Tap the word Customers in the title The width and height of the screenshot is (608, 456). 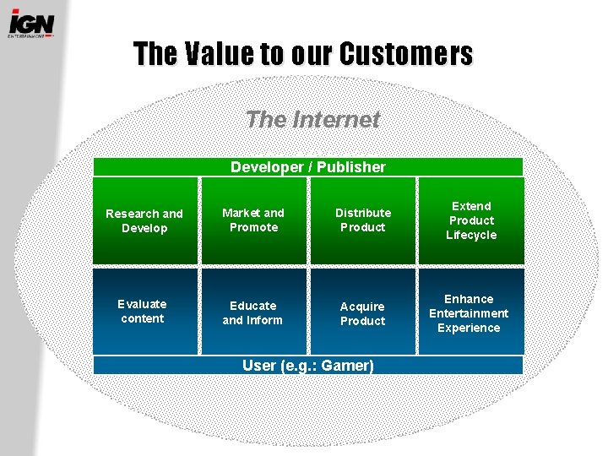pyautogui.click(x=406, y=54)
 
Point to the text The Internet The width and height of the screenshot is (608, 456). pyautogui.click(x=312, y=120)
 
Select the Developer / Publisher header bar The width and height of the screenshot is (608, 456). pyautogui.click(x=308, y=167)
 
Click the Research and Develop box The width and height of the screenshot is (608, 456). pyautogui.click(x=144, y=221)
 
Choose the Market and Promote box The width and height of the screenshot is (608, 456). pyautogui.click(x=253, y=220)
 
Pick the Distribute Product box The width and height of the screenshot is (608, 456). pyautogui.click(x=363, y=220)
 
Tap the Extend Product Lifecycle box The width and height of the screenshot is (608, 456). pyautogui.click(x=471, y=220)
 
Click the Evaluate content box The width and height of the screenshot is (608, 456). pyautogui.click(x=143, y=311)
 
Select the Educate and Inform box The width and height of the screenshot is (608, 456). pyautogui.click(x=252, y=312)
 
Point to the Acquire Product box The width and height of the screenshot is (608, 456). pyautogui.click(x=362, y=313)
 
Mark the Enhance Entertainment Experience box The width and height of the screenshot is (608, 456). pyautogui.click(x=469, y=313)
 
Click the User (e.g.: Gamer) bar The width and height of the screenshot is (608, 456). pyautogui.click(x=308, y=366)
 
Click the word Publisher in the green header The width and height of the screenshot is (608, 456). pyautogui.click(x=348, y=167)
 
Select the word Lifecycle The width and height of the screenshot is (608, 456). pyautogui.click(x=471, y=235)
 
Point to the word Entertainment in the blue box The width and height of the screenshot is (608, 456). pyautogui.click(x=469, y=313)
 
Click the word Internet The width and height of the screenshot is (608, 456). pyautogui.click(x=336, y=120)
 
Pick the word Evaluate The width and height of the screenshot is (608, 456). pyautogui.click(x=143, y=304)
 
